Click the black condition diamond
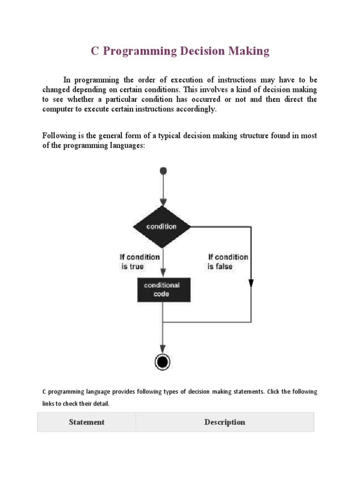tap(162, 226)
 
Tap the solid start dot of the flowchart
tap(162, 171)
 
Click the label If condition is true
tap(139, 262)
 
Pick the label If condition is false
tap(228, 262)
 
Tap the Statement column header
tap(87, 422)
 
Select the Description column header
tap(225, 422)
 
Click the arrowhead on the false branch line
tap(251, 283)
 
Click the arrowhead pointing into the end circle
tap(162, 348)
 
